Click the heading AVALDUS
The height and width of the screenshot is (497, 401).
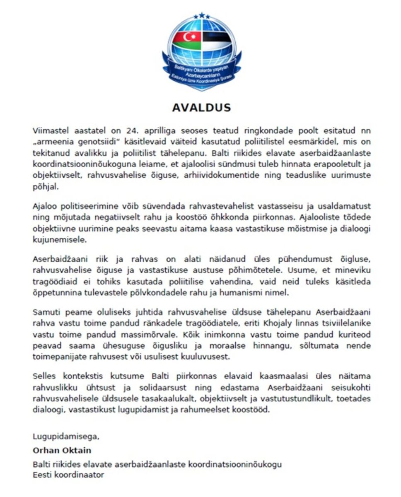[x=201, y=108]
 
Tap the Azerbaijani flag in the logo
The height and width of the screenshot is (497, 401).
[x=186, y=40]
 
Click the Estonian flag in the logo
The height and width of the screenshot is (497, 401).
[x=216, y=39]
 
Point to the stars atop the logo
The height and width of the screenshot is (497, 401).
[x=201, y=16]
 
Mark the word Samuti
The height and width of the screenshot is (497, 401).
[x=45, y=311]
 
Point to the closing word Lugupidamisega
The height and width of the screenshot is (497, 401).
[x=66, y=436]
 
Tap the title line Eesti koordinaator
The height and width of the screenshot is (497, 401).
[x=68, y=475]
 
